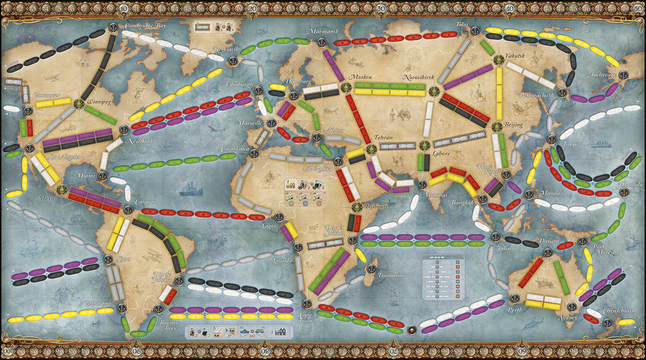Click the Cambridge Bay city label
[147, 25]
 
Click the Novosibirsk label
[402, 77]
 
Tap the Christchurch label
[613, 311]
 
